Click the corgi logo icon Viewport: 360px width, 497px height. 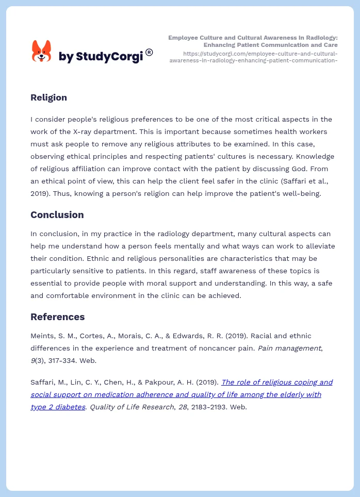[x=41, y=51]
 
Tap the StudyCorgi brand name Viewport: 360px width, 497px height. [x=100, y=57]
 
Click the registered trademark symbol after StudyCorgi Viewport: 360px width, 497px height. [x=149, y=52]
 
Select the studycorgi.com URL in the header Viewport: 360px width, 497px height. [x=253, y=57]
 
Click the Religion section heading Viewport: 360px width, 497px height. [x=48, y=97]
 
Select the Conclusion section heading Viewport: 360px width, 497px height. [x=57, y=214]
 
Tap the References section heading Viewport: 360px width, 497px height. [x=57, y=317]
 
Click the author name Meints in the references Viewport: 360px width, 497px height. [x=42, y=336]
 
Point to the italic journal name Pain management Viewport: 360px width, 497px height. [x=289, y=348]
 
